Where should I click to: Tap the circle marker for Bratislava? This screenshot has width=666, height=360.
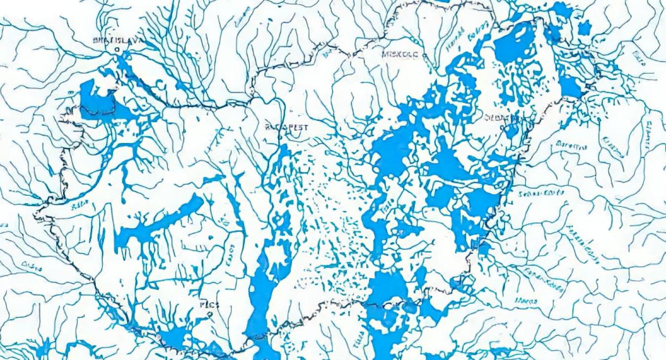click(x=117, y=50)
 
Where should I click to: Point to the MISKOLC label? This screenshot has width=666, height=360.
click(x=400, y=54)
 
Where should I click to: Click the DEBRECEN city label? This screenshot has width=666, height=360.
click(x=501, y=118)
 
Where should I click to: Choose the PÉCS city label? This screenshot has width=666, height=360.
click(x=209, y=305)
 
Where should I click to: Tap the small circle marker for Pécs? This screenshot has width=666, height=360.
click(x=210, y=314)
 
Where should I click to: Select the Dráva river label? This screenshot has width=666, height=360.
click(x=32, y=266)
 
